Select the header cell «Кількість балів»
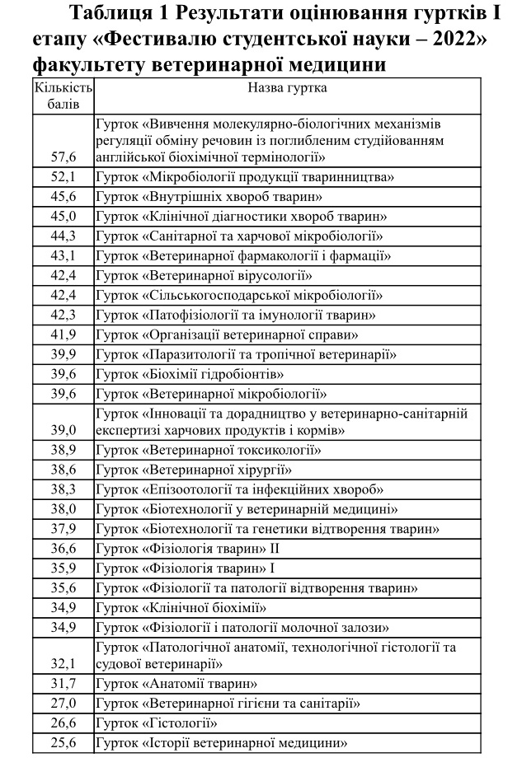pos(63,96)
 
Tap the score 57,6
pos(63,156)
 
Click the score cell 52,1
pos(63,177)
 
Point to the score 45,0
pos(63,217)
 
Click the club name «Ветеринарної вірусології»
pos(204,276)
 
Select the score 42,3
pos(63,316)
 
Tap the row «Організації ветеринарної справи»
pos(226,335)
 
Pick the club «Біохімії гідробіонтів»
pos(190,375)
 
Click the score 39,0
pos(63,430)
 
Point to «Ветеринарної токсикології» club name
pos(208,450)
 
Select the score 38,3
pos(63,489)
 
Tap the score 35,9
pos(63,568)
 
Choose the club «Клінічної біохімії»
pos(181,608)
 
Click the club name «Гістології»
pos(156,723)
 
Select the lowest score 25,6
pos(63,742)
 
